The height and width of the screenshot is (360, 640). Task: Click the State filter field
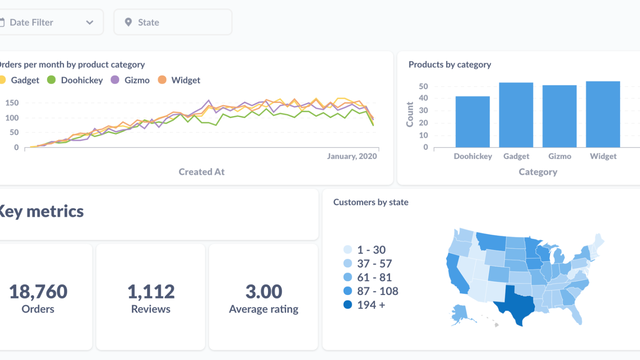[172, 22]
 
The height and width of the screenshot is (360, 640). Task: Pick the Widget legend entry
[185, 80]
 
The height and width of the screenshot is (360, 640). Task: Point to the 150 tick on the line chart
[12, 103]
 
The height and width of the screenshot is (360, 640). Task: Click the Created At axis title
[201, 172]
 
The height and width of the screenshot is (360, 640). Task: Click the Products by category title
[449, 65]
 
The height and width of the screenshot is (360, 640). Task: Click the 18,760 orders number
[38, 292]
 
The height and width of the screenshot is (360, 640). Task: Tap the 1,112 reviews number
[151, 292]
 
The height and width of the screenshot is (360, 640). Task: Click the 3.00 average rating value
[264, 292]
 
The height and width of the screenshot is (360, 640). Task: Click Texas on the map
[519, 299]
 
